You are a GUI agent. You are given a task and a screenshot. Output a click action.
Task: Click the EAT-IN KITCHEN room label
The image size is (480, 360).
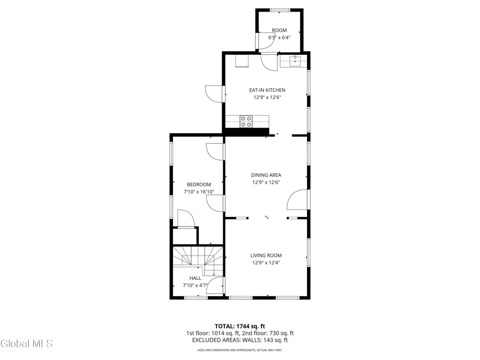click(267, 90)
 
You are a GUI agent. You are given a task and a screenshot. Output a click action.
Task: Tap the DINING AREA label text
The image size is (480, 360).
click(266, 175)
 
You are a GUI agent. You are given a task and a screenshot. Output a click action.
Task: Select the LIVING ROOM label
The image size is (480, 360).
click(266, 255)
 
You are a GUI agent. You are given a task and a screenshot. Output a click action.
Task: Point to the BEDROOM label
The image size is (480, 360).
click(199, 185)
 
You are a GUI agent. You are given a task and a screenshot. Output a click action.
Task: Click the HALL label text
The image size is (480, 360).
click(195, 278)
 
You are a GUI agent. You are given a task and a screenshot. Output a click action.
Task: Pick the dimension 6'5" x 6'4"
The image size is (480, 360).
click(279, 37)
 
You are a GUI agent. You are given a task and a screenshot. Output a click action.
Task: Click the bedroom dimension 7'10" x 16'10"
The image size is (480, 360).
click(199, 192)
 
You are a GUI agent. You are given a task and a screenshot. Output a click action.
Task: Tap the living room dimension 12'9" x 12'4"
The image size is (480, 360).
click(266, 262)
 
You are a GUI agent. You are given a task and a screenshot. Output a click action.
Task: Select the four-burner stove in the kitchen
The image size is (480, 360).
click(246, 121)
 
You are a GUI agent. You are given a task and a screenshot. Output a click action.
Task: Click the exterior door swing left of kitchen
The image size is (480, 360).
click(214, 94)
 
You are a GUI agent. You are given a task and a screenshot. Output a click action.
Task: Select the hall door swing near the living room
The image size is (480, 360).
click(215, 285)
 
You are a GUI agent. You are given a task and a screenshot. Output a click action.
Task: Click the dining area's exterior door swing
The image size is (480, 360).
click(297, 200)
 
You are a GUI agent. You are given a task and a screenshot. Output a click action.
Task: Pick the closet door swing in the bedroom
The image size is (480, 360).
click(186, 218)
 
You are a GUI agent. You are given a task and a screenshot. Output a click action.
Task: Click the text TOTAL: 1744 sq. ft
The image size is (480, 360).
click(240, 326)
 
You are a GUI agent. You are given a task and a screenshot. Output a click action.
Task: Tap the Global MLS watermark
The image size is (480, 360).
click(27, 344)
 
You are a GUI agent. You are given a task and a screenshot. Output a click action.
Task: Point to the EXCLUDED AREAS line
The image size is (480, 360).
click(240, 340)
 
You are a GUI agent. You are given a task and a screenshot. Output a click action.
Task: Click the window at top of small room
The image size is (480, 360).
click(280, 10)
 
